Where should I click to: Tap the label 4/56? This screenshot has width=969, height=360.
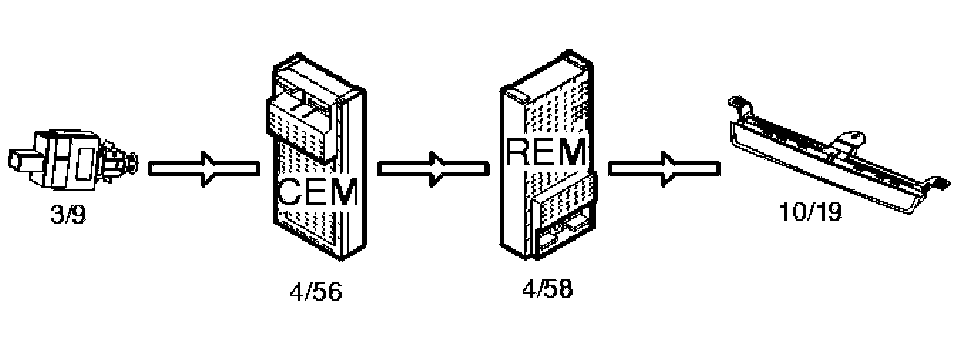[315, 292]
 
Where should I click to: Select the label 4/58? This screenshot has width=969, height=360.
[547, 289]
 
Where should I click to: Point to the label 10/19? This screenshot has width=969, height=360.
[810, 212]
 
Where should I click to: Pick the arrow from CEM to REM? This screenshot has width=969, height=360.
[433, 169]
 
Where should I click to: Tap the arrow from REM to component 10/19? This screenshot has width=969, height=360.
[663, 169]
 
